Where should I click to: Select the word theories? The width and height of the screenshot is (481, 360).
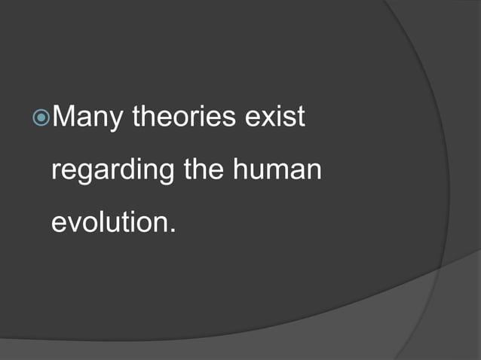pos(185,117)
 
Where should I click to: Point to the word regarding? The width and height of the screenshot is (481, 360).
pos(112,171)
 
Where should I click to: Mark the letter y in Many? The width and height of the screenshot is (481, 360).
pos(116,122)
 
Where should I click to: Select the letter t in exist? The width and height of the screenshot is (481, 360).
pos(299,118)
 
